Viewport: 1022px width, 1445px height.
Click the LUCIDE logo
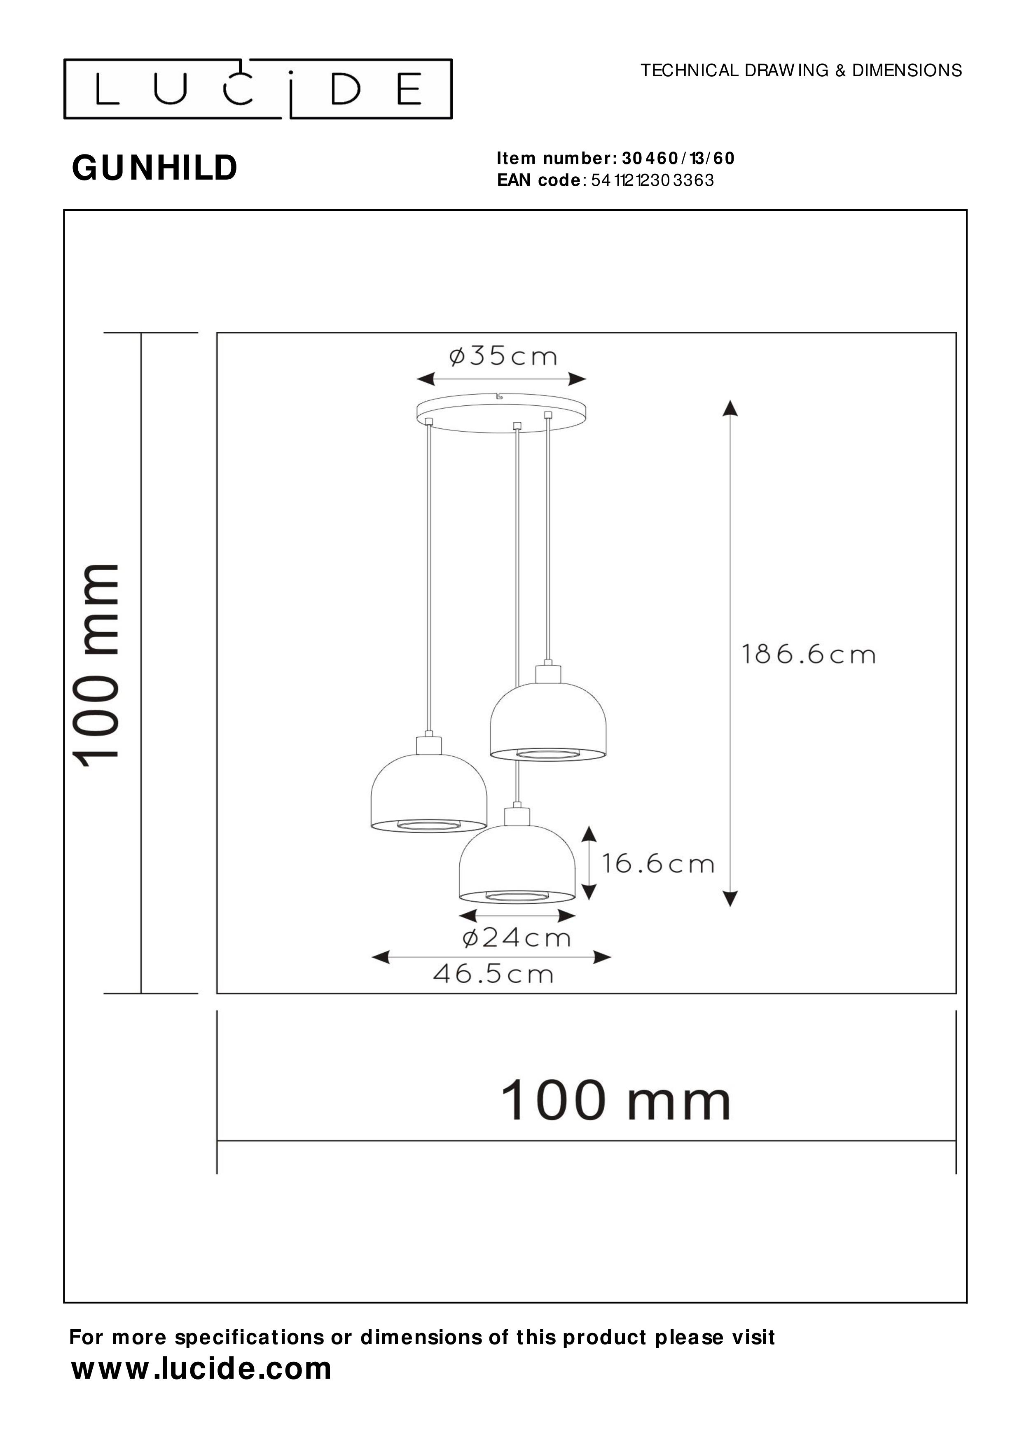[x=258, y=89]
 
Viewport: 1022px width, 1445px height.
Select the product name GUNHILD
[x=155, y=168]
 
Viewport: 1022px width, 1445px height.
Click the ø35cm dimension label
[x=503, y=357]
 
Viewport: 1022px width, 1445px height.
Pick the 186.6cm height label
[x=808, y=655]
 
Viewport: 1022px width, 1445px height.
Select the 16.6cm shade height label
[x=657, y=863]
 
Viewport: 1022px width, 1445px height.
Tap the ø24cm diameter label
[x=517, y=938]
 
